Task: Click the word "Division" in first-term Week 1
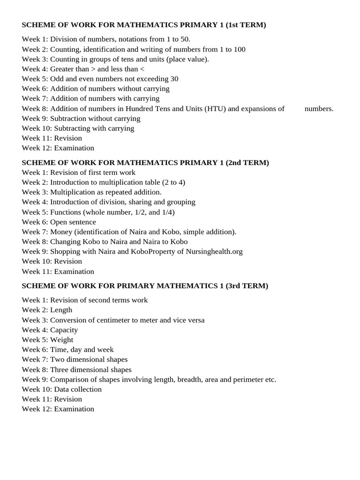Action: [63, 39]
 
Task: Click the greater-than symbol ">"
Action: [93, 69]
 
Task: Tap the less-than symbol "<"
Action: [142, 69]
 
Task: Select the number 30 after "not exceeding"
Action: [174, 79]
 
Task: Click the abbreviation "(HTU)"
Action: [215, 109]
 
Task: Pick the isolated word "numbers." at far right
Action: [319, 109]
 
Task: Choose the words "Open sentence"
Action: [73, 222]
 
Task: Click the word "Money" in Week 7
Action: [61, 232]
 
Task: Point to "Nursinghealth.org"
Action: [214, 252]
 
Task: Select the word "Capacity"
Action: [64, 330]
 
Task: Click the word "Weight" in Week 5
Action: [62, 340]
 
